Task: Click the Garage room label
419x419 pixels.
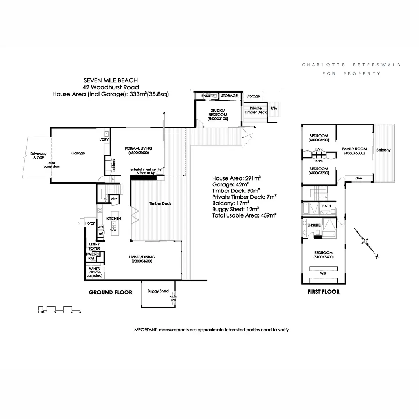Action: tap(78, 153)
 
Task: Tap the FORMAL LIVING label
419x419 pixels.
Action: tap(139, 150)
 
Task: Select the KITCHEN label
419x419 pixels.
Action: tap(114, 218)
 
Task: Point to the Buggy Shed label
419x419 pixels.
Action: tap(158, 291)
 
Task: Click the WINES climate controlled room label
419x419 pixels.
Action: tap(95, 272)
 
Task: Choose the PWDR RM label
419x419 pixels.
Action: tap(91, 256)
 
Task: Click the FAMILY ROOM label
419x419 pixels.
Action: tap(354, 151)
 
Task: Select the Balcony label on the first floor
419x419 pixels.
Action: tap(383, 150)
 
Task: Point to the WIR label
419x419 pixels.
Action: tap(323, 273)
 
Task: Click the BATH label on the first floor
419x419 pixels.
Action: tap(326, 206)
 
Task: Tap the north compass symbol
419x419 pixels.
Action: tap(366, 242)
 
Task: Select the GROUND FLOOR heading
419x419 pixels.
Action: tap(110, 292)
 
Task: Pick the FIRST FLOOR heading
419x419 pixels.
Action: tap(323, 292)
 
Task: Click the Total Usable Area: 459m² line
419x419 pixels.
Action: tap(244, 216)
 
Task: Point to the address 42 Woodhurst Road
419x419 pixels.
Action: tap(111, 87)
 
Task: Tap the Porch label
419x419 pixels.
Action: tap(90, 223)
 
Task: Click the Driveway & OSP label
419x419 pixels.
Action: tap(38, 156)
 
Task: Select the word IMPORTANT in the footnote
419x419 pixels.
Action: tap(145, 330)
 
